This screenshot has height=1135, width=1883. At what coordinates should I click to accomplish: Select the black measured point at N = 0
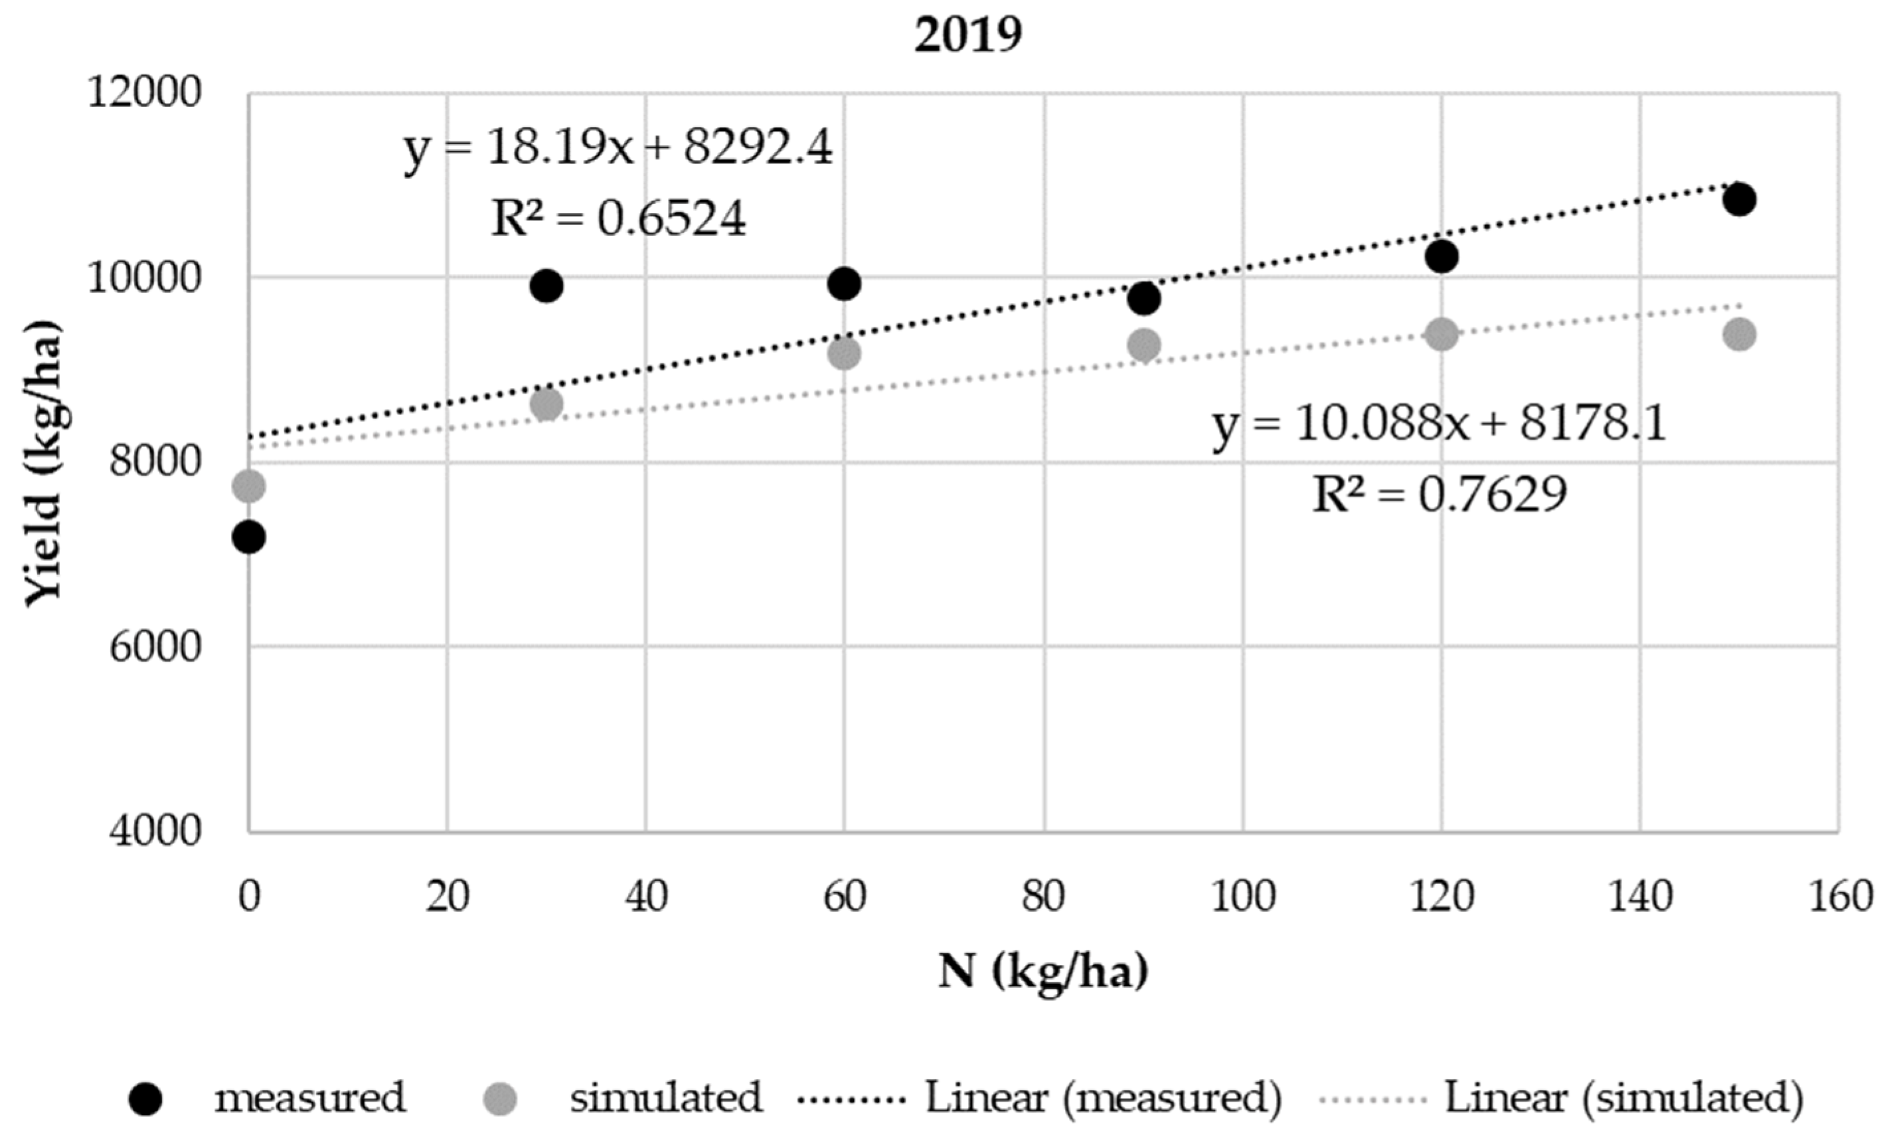click(249, 537)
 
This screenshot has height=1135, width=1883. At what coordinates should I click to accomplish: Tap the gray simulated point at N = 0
click(249, 486)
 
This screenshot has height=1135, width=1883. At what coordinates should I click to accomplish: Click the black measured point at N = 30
click(546, 286)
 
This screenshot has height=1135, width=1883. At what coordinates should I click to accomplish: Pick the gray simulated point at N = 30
click(546, 404)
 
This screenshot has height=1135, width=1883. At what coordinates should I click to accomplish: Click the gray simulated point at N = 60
click(845, 353)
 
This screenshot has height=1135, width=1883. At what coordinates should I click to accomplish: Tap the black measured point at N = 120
click(1442, 256)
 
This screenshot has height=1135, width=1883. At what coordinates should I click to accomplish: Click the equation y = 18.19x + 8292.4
click(617, 147)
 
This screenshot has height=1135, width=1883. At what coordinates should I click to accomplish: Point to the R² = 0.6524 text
click(617, 218)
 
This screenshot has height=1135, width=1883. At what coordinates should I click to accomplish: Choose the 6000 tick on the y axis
click(155, 648)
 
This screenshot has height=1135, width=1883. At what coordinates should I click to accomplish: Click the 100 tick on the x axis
click(1242, 896)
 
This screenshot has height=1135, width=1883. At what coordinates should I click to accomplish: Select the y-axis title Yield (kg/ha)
click(42, 462)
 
